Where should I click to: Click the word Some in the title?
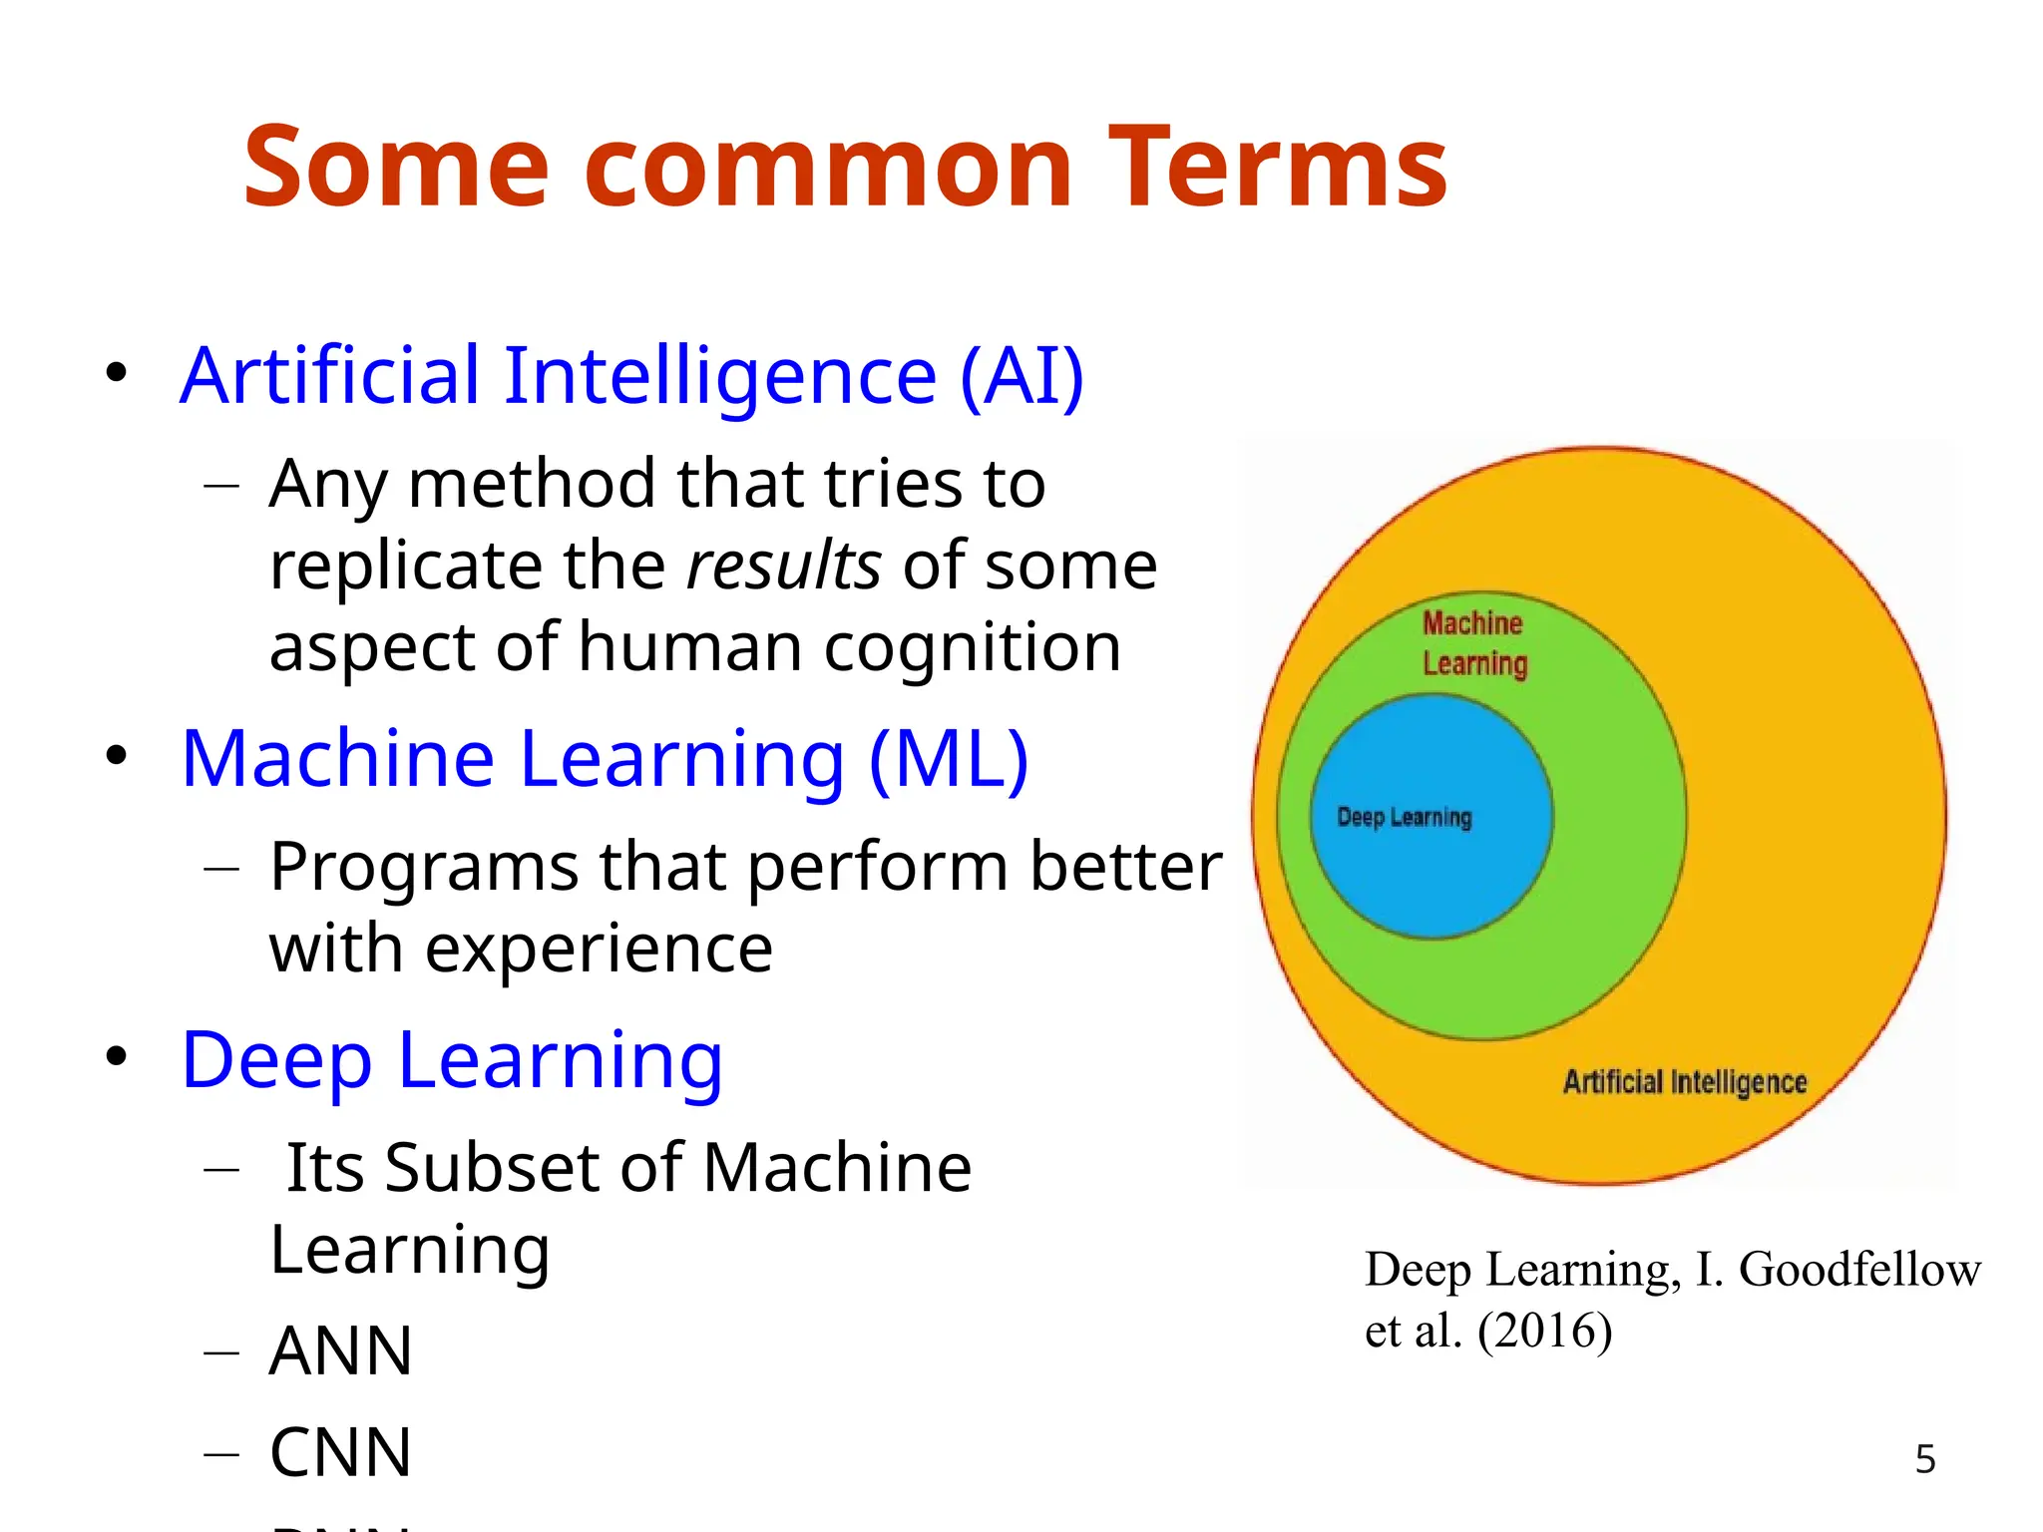click(x=396, y=167)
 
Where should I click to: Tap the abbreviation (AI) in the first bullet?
click(x=1021, y=376)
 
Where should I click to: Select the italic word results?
click(x=784, y=566)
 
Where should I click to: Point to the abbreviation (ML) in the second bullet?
click(x=949, y=759)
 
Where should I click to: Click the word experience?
click(x=598, y=949)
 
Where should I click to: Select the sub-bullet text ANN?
click(x=340, y=1351)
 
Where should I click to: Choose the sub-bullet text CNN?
click(x=340, y=1453)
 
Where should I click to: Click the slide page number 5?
click(x=1925, y=1460)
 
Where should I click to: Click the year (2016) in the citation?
click(x=1544, y=1331)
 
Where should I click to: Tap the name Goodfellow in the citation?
click(x=1859, y=1270)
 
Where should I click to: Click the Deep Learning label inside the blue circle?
click(x=1404, y=818)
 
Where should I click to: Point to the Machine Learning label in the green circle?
click(x=1473, y=643)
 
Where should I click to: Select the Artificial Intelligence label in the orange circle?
click(x=1685, y=1082)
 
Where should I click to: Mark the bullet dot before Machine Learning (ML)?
click(x=117, y=755)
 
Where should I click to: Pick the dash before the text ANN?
click(x=221, y=1352)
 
